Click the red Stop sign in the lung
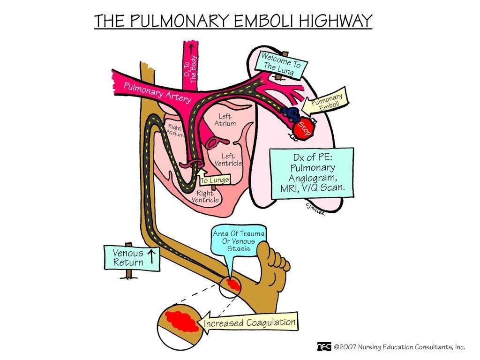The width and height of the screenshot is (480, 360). click(x=302, y=127)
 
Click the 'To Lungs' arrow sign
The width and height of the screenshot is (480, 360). click(x=214, y=179)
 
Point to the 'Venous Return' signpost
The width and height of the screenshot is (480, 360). click(x=132, y=257)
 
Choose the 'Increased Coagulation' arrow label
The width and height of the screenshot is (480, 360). click(x=250, y=323)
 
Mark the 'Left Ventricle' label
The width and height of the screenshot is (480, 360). click(x=228, y=160)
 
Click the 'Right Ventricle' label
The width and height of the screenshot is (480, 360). click(x=205, y=196)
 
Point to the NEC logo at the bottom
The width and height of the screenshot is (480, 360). click(x=323, y=346)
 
